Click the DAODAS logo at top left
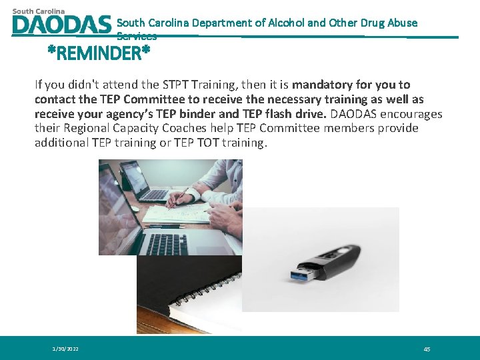click(61, 22)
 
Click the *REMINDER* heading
click(98, 53)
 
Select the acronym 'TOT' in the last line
click(212, 143)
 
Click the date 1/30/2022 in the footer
click(65, 349)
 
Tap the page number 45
click(427, 349)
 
